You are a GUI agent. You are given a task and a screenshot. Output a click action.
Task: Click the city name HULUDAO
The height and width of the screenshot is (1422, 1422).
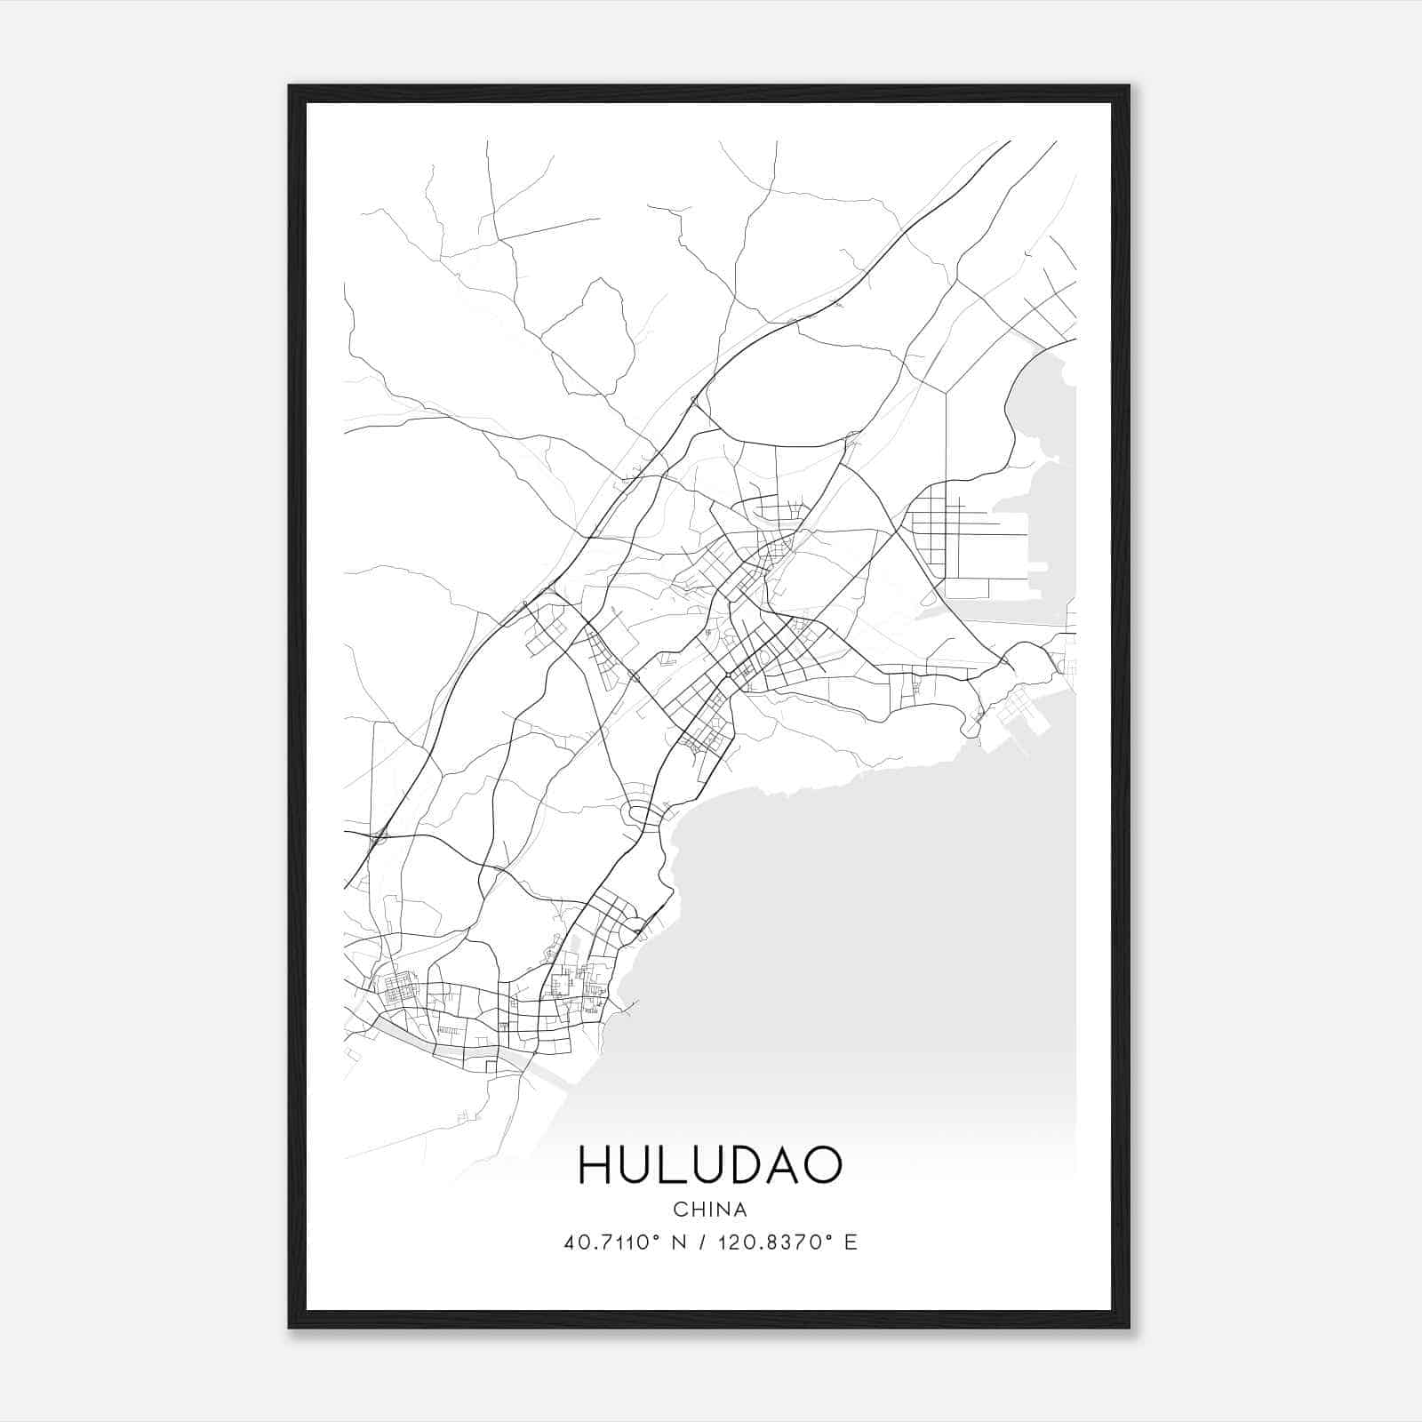click(x=710, y=1165)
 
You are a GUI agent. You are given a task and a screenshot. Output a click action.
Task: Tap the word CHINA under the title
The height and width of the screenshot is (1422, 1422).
click(x=710, y=1210)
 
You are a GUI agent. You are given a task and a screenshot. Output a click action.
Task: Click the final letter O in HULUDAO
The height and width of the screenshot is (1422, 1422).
click(x=819, y=1165)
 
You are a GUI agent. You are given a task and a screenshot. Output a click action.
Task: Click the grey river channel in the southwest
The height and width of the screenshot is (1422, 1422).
click(x=444, y=1047)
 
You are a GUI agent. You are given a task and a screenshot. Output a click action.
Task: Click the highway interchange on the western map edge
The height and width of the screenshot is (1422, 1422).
click(x=380, y=835)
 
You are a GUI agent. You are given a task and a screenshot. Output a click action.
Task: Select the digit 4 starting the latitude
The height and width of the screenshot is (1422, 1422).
click(x=570, y=1242)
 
